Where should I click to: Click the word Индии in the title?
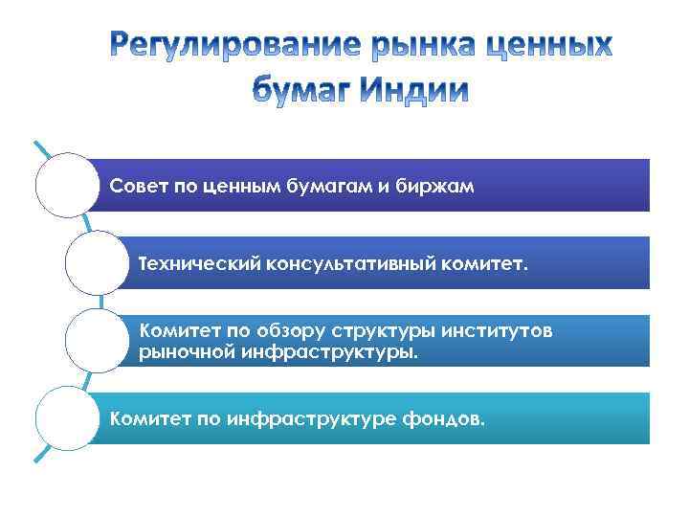coord(416,90)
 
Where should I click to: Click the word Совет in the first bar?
coord(138,185)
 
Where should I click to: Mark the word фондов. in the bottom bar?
coord(442,418)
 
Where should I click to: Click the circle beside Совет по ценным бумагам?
coord(67,185)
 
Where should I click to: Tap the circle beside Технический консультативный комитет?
coord(97,261)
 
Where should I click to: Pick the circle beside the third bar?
coord(97,340)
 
